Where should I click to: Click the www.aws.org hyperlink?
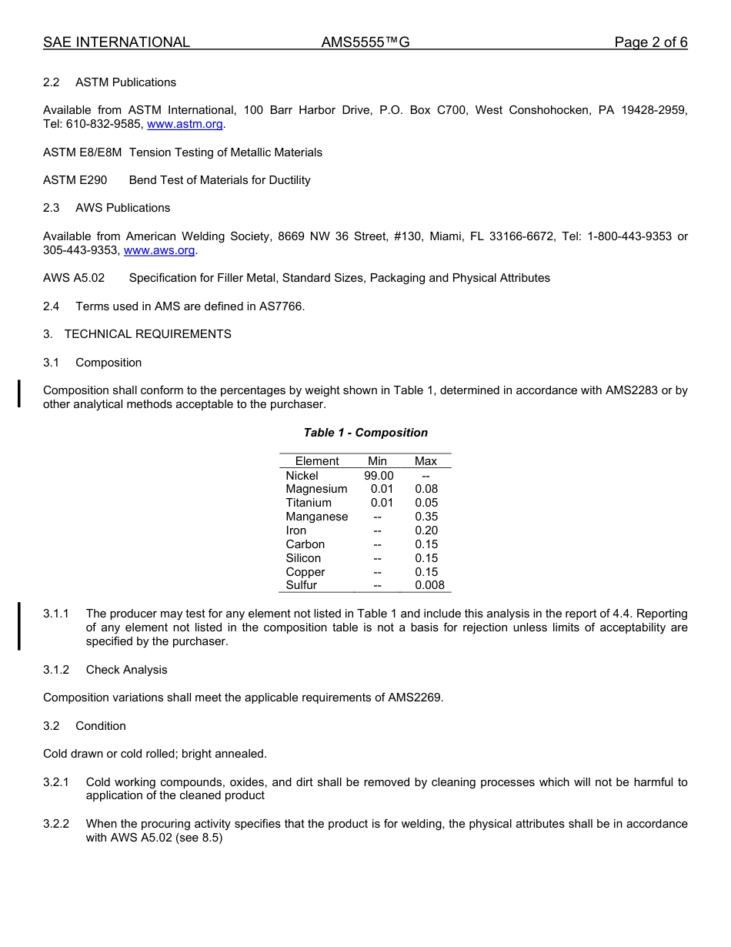pos(159,250)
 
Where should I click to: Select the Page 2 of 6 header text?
pos(650,42)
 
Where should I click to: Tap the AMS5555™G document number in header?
pos(365,42)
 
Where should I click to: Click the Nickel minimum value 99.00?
pos(379,476)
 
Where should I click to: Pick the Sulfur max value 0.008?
pos(429,585)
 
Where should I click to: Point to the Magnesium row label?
pos(316,489)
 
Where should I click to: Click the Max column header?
pos(426,461)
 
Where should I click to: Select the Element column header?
pos(317,461)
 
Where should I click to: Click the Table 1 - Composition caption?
pos(365,433)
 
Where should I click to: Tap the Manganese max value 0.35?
pos(426,517)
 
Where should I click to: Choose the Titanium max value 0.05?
pos(426,503)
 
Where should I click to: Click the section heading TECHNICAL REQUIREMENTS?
pos(148,334)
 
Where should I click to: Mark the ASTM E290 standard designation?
pos(75,180)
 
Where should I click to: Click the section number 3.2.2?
pos(56,824)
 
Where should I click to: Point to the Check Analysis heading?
pos(126,670)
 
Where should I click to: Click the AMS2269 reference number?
pos(415,698)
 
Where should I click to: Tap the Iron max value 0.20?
pos(426,530)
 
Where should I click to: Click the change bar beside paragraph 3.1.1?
pos(19,627)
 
